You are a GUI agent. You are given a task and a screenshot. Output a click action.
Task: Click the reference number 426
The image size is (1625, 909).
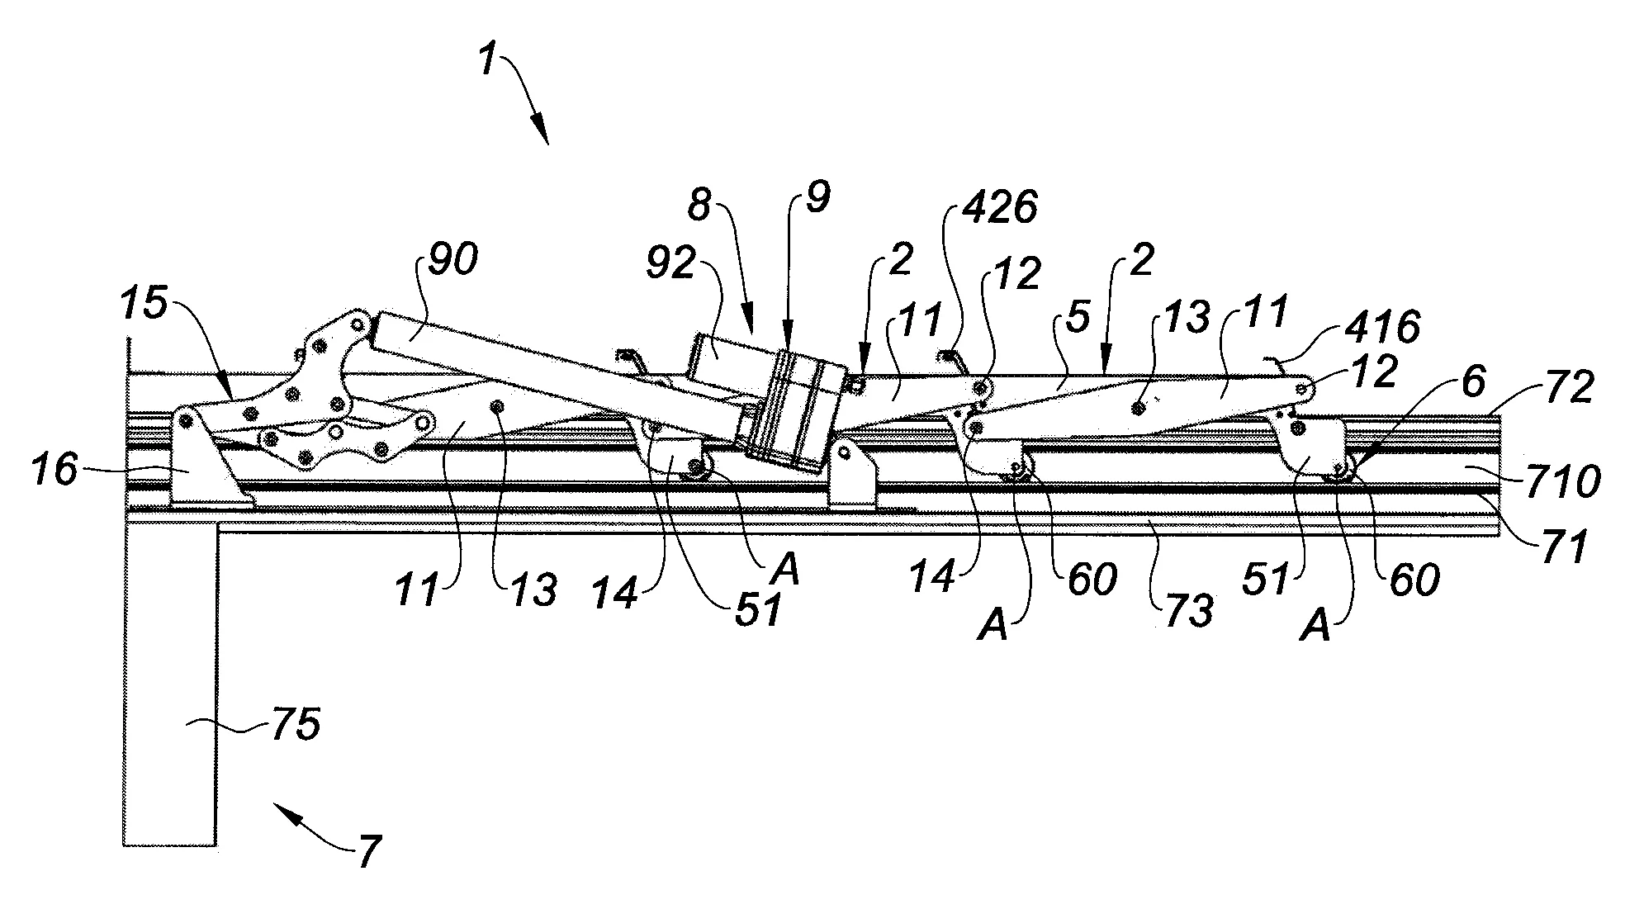click(x=999, y=208)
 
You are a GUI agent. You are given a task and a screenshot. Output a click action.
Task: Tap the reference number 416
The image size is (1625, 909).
click(x=1381, y=329)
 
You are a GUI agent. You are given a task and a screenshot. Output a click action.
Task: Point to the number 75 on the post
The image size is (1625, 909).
click(x=295, y=726)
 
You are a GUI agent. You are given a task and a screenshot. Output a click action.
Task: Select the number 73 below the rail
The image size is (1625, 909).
click(x=1190, y=610)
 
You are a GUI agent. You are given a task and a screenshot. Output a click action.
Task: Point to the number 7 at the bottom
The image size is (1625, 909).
click(x=368, y=851)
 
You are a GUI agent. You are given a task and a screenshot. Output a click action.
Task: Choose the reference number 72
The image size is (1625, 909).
click(x=1568, y=389)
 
